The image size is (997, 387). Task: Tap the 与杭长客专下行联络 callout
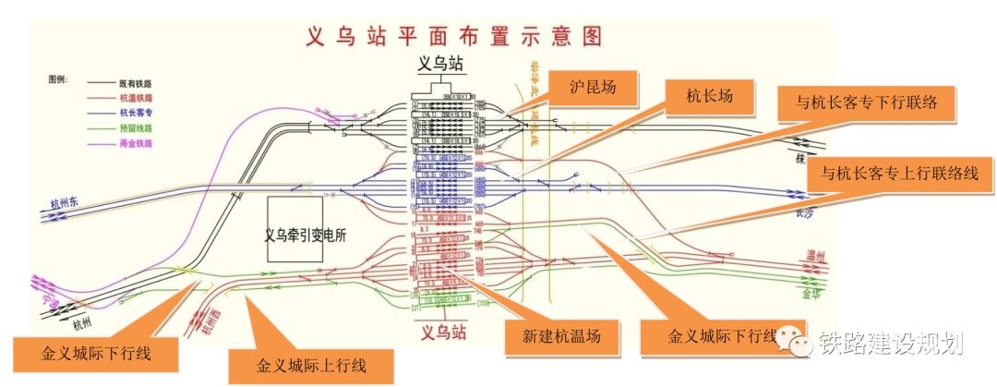867,103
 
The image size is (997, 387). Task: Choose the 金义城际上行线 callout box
311,365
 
